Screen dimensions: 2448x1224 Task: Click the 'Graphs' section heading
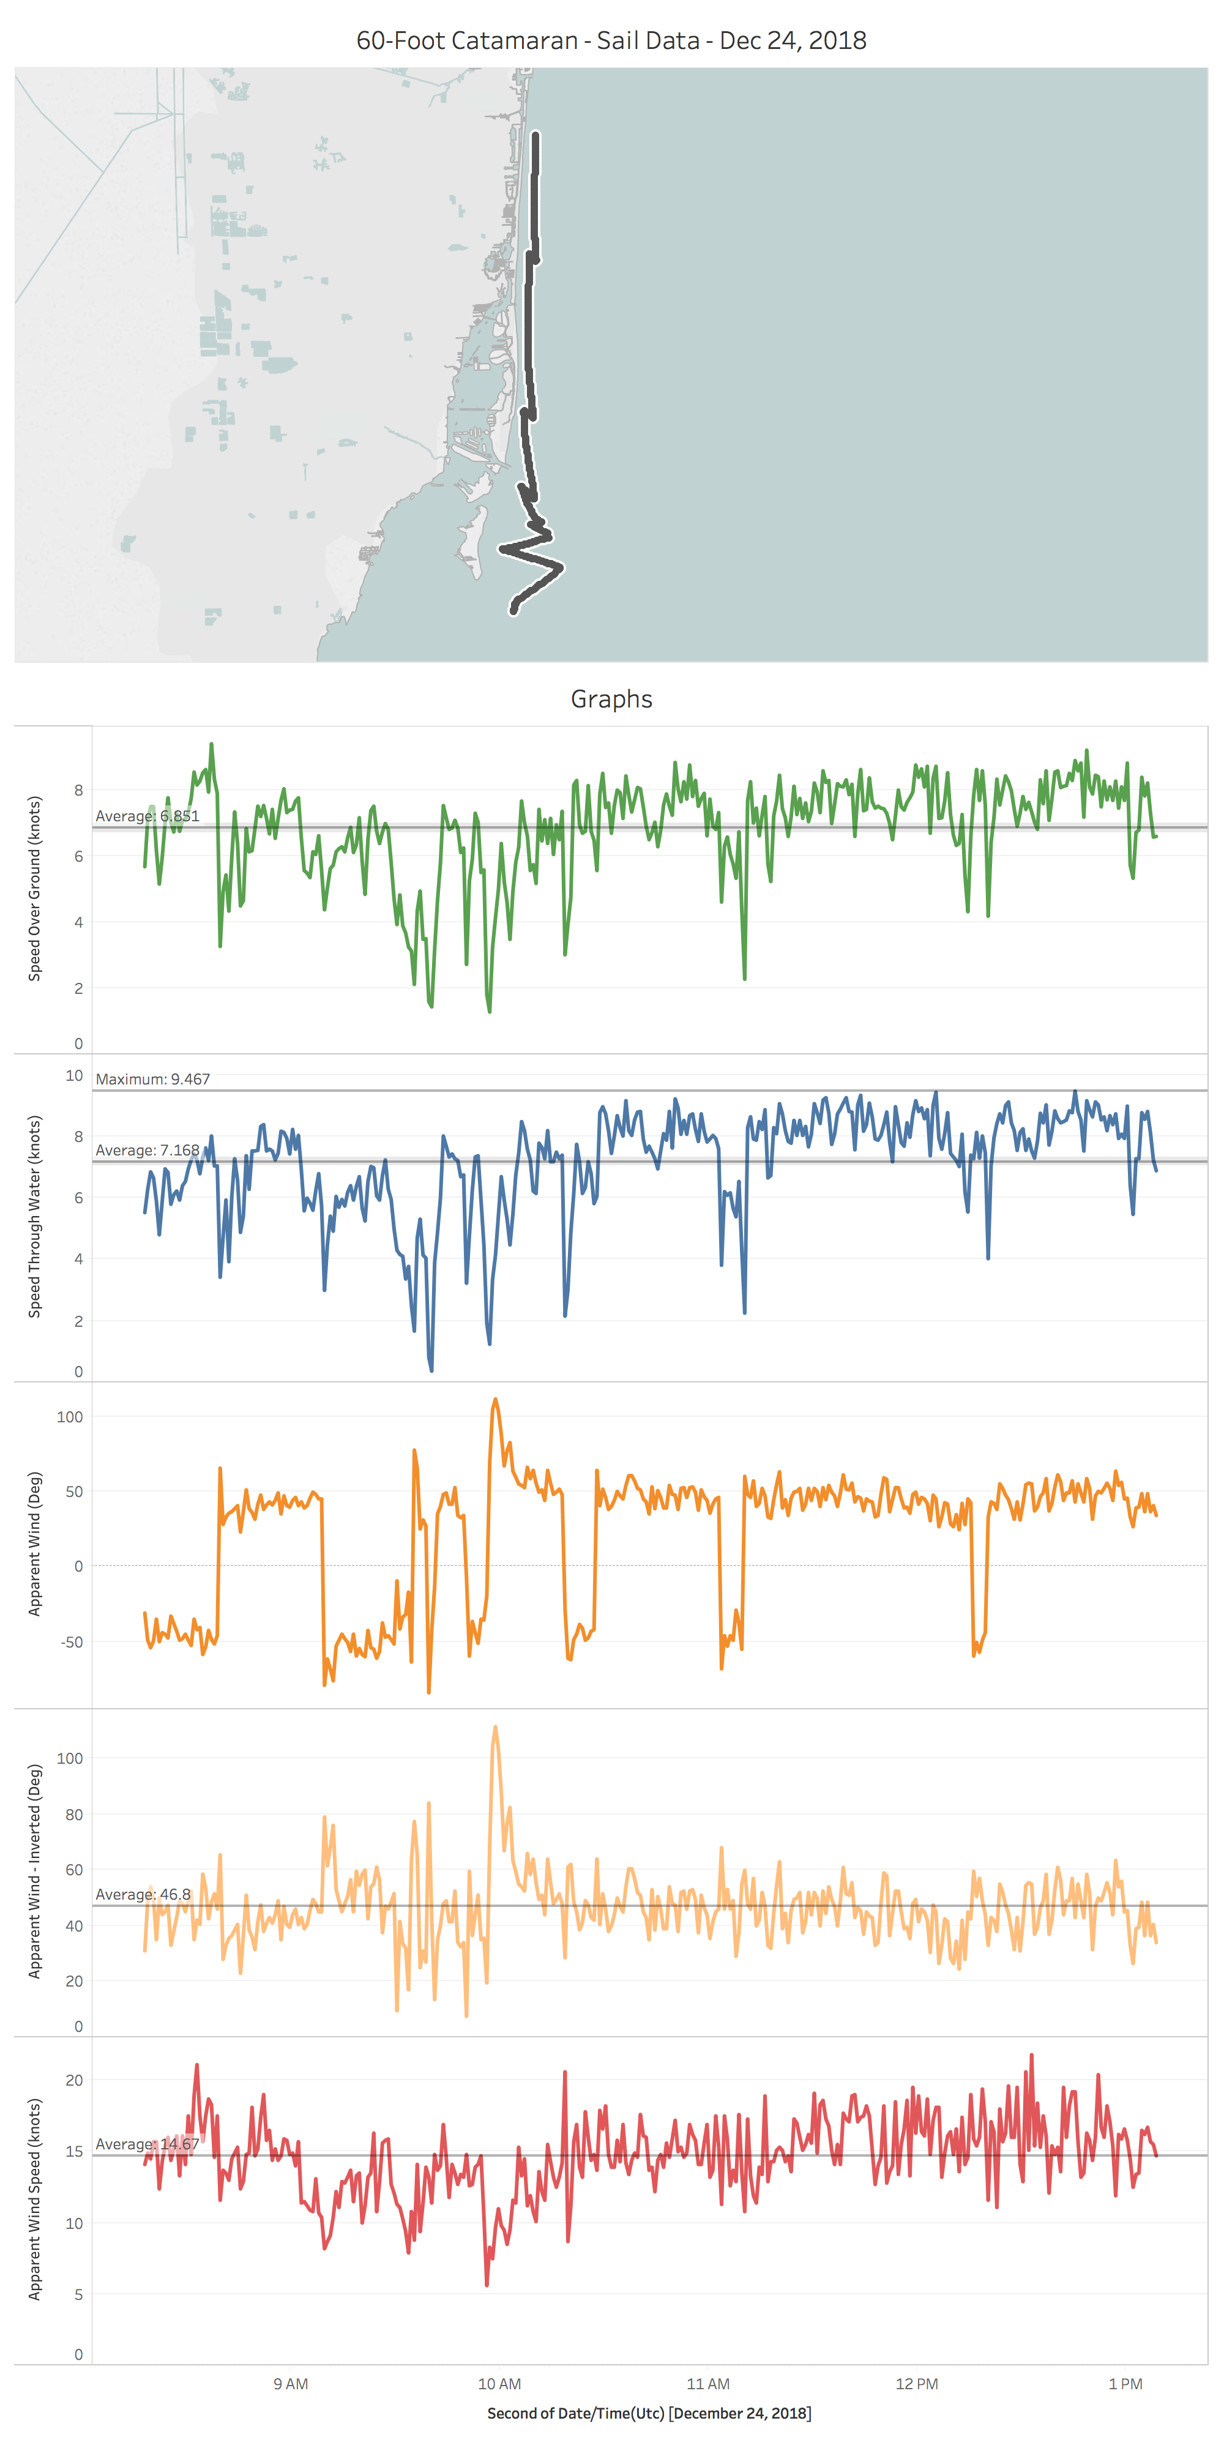611,700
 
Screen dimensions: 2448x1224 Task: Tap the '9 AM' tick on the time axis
290,2383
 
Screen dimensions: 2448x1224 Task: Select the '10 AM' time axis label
499,2383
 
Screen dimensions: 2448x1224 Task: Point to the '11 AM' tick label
708,2383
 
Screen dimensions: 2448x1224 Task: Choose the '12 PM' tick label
916,2383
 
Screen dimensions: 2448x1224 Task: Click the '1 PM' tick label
1125,2383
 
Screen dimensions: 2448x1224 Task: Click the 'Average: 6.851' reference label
147,816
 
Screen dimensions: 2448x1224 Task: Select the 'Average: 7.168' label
147,1151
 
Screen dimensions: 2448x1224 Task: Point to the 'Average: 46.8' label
143,1895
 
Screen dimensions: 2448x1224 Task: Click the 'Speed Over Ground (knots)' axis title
35,889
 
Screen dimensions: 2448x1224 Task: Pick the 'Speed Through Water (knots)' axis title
35,1217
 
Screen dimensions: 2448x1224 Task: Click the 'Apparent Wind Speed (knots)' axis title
35,2199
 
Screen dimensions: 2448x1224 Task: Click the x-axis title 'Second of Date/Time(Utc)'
649,2414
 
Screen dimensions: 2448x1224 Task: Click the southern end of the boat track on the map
514,610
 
